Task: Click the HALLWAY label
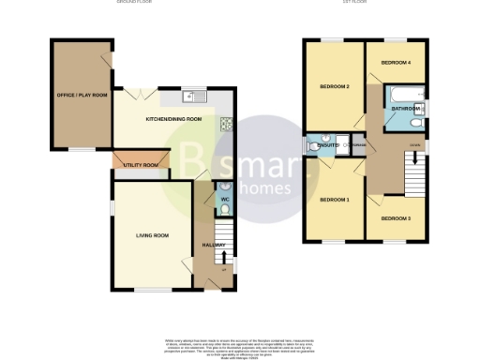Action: coord(214,245)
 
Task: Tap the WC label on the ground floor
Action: coord(225,199)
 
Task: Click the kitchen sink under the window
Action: coord(191,95)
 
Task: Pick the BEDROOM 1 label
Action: coord(335,200)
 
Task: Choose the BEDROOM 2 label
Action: coord(335,87)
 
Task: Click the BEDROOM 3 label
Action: coord(395,217)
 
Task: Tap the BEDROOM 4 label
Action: coord(396,63)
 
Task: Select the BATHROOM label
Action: coord(405,109)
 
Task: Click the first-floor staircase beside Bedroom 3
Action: coord(410,172)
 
